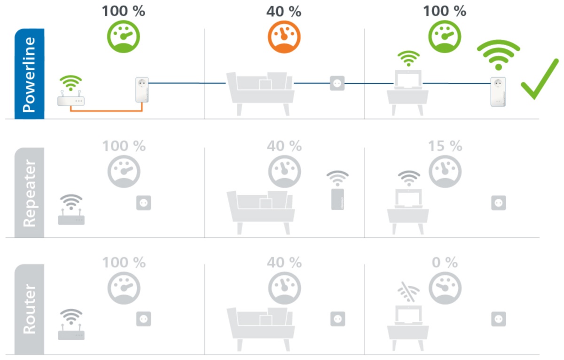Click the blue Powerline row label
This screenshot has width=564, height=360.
coord(29,73)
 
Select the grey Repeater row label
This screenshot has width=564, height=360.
coord(29,192)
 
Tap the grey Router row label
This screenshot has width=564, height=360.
coord(29,309)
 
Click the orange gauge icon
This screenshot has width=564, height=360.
coord(284,38)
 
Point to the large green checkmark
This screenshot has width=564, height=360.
coord(540,80)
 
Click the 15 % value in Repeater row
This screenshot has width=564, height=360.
coord(445,146)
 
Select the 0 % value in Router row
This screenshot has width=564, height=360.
coord(445,263)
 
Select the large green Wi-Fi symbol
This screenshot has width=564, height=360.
coord(498,54)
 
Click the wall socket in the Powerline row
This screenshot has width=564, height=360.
coord(337,83)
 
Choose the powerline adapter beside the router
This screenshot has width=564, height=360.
coord(141,95)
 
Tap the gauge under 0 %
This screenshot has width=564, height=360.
coord(445,288)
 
